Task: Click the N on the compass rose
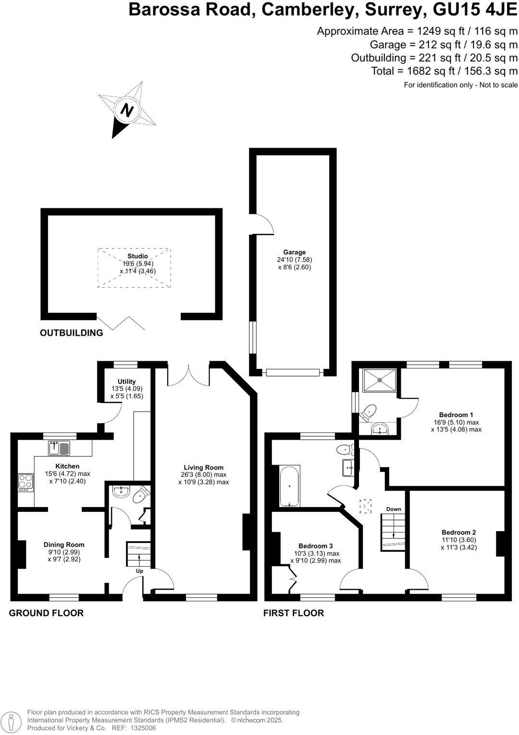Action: click(x=126, y=111)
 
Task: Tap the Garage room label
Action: click(x=294, y=252)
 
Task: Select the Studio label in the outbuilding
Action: click(x=137, y=256)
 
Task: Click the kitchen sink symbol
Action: click(x=60, y=448)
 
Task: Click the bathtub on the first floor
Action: click(x=290, y=486)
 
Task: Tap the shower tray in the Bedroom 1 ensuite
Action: click(x=380, y=380)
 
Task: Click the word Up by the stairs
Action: click(x=140, y=571)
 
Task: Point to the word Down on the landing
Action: click(x=394, y=509)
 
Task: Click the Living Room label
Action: click(x=203, y=467)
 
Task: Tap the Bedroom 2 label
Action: click(x=458, y=532)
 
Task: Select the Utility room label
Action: click(x=126, y=381)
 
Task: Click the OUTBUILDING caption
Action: click(x=71, y=332)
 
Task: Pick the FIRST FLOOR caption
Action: click(x=293, y=613)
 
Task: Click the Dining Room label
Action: click(x=64, y=545)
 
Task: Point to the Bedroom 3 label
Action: click(x=315, y=546)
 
